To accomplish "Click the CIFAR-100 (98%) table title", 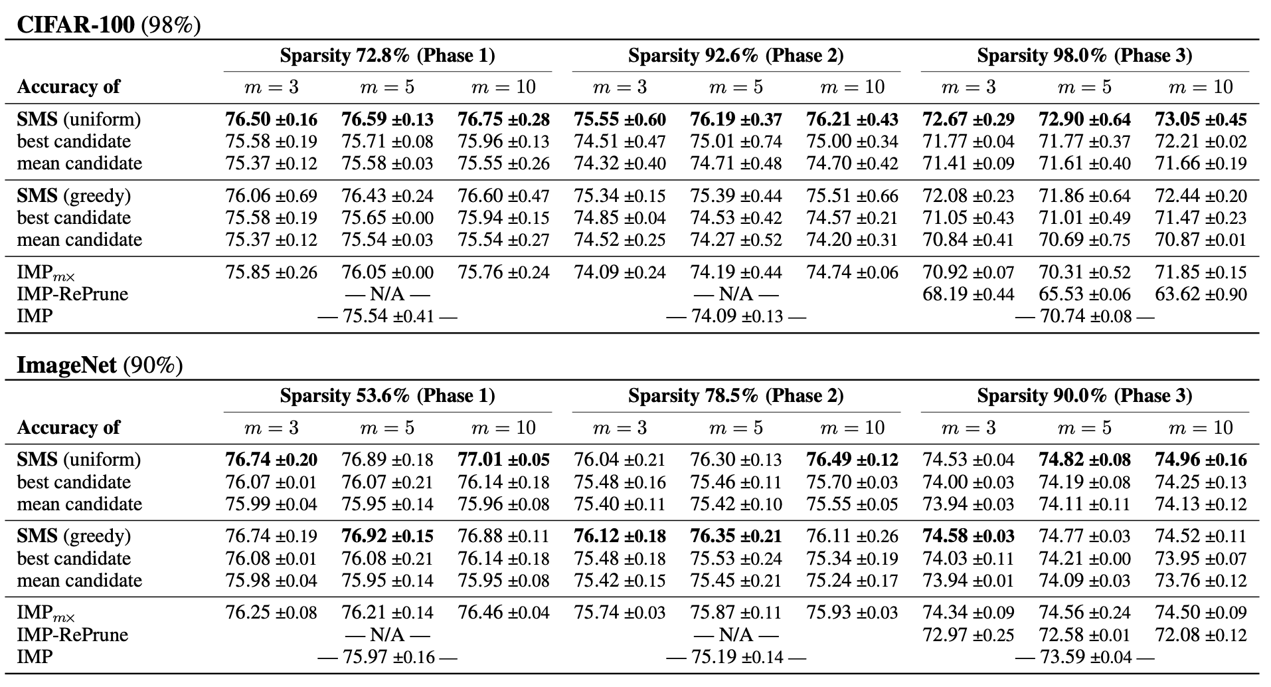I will (108, 25).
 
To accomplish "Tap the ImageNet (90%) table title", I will (100, 365).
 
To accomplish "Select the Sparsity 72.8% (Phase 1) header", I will (387, 55).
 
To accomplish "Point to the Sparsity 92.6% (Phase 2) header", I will (736, 55).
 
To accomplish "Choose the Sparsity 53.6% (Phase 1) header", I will (387, 396).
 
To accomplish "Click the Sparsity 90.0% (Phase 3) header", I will (1084, 396).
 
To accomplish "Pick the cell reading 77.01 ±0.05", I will (503, 460).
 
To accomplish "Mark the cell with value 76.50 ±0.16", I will (271, 120).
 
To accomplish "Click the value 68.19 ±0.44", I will (968, 294).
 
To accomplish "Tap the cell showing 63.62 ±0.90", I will (1201, 294).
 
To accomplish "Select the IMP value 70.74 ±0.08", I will (1084, 316).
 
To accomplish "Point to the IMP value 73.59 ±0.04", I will (1084, 657).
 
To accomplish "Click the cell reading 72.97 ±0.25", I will (968, 635).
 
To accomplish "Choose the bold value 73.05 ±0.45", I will (1201, 120).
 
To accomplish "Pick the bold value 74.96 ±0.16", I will (1201, 460).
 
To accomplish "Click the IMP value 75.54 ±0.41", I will (387, 316).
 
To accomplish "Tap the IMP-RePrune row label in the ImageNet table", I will (72, 635).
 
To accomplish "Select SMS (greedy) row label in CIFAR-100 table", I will (74, 196).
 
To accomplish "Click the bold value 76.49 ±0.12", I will (852, 460).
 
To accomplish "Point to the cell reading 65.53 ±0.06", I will (1084, 294).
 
